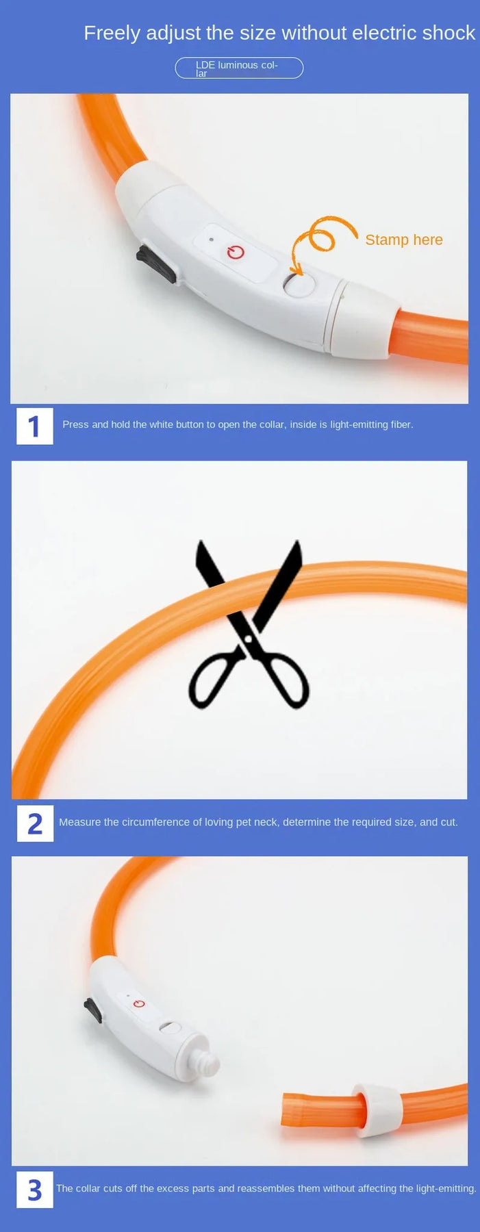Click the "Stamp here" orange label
404,240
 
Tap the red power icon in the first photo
236,253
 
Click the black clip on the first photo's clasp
157,264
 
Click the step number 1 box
35,426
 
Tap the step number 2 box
35,823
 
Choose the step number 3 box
35,1190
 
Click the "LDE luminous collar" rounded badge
239,68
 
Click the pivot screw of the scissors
249,639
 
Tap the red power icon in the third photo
140,1003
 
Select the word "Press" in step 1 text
75,424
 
